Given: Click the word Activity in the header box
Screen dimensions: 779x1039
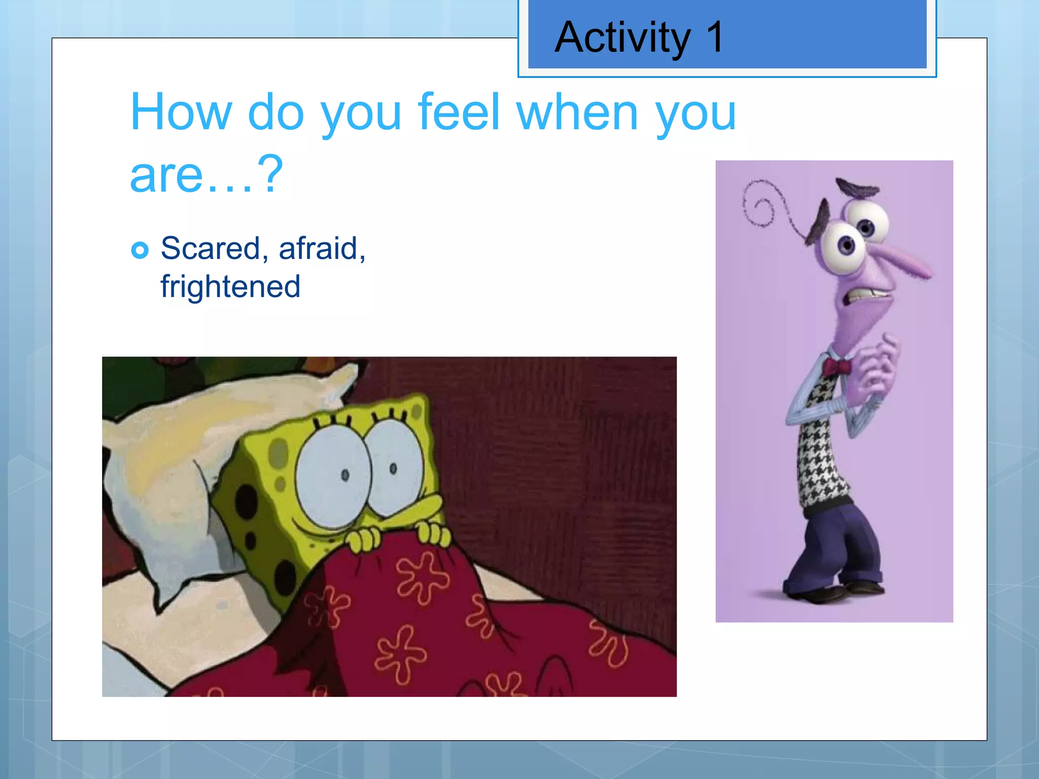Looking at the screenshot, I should tap(622, 38).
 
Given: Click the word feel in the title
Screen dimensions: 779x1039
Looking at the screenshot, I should tap(459, 112).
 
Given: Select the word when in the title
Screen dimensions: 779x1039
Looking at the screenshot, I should tap(577, 112).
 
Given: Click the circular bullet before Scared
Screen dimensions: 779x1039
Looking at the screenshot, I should tap(140, 250).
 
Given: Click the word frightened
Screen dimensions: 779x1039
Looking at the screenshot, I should tap(230, 287).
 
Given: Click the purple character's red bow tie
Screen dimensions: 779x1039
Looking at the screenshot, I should tap(837, 366).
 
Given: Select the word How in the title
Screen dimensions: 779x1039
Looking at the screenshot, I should tap(181, 112).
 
